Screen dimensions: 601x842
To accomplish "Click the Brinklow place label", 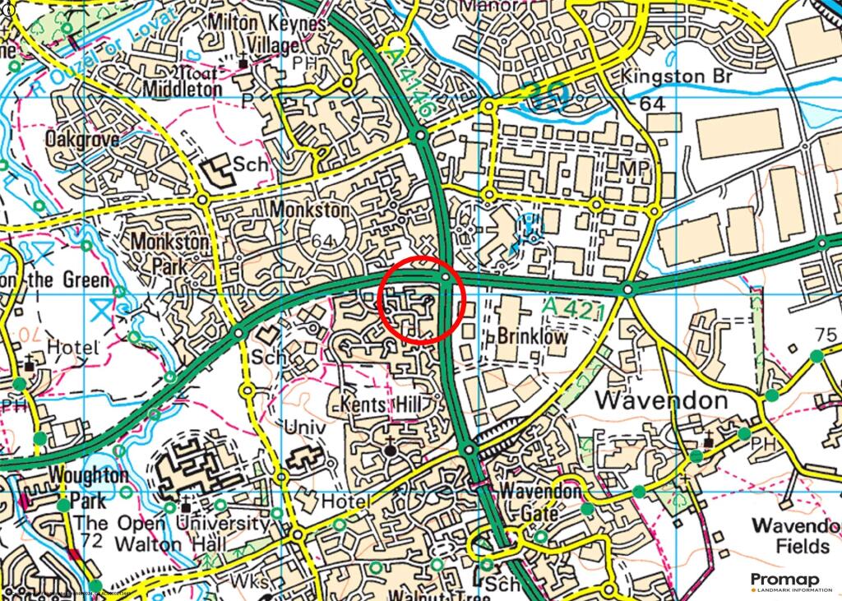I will [532, 336].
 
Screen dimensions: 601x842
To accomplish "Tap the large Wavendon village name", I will [662, 401].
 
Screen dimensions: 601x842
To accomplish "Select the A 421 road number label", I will [574, 309].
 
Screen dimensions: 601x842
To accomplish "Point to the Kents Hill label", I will [380, 405].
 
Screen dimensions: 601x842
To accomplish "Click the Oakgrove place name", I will [82, 139].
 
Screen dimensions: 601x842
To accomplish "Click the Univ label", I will [305, 428].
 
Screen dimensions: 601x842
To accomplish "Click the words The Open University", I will [171, 524].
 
